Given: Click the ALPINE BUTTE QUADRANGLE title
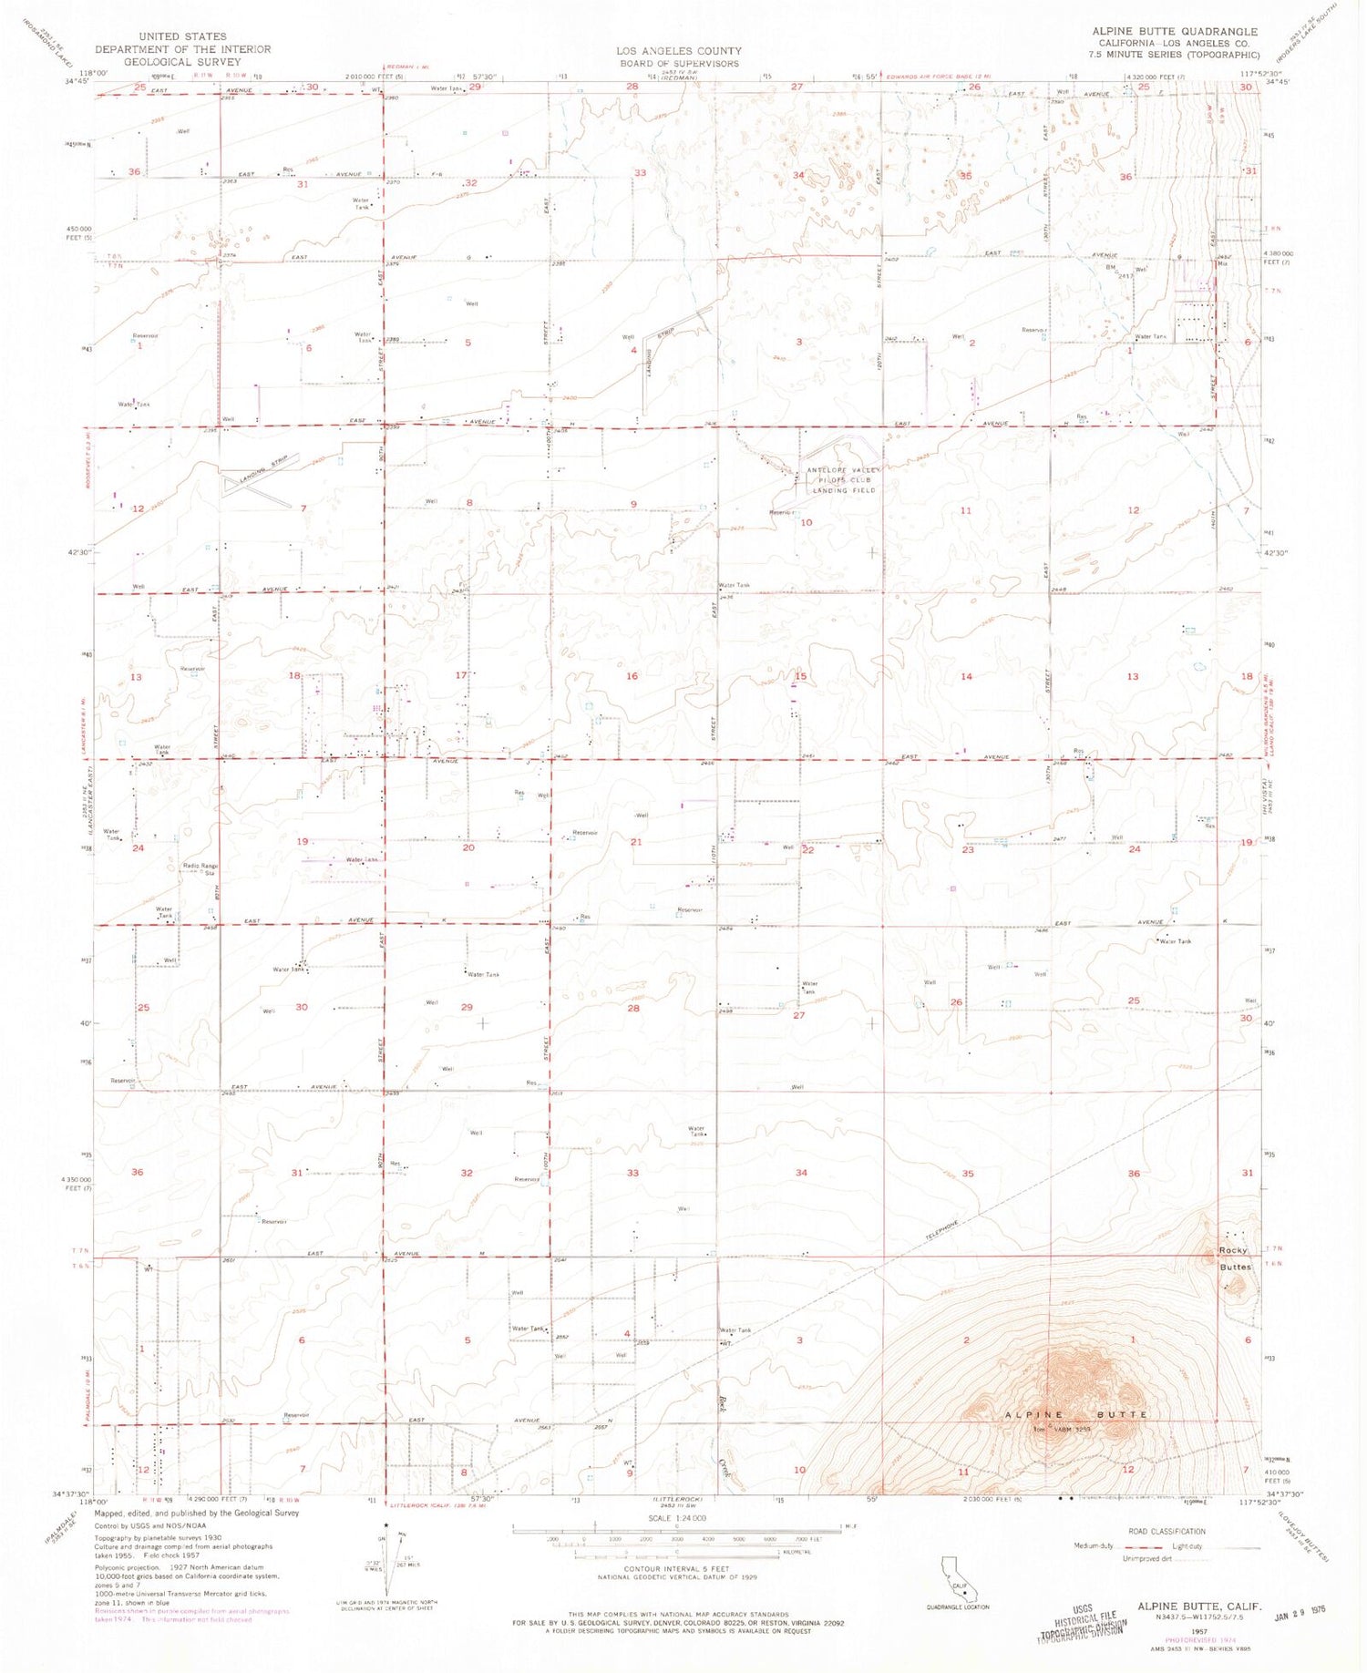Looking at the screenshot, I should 1175,31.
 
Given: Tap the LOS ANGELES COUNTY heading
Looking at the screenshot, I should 678,51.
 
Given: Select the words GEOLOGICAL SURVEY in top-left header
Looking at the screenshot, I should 182,62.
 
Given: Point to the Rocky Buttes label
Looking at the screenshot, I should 1235,1258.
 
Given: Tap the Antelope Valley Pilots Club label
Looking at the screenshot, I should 843,480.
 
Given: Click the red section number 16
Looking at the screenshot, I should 632,676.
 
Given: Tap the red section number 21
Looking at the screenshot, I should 636,841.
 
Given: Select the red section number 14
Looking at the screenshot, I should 966,676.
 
